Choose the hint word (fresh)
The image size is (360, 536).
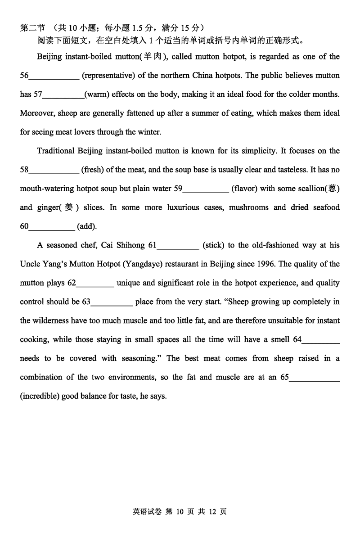pos(93,170)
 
